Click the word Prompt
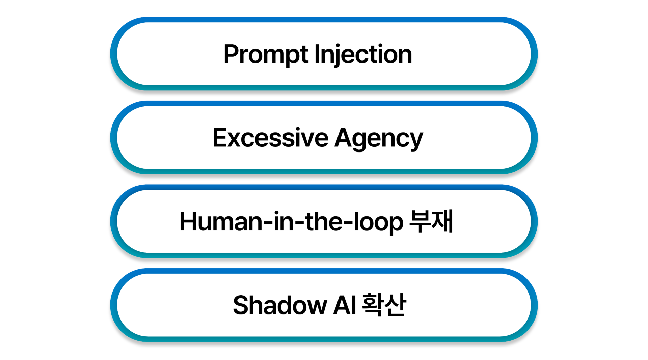(266, 55)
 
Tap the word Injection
(363, 55)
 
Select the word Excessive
(270, 138)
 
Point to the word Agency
(378, 139)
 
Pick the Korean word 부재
(431, 221)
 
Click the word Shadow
(280, 305)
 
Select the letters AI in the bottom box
(345, 305)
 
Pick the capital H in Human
(188, 222)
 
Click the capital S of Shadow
(240, 305)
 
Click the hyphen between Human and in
(267, 223)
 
